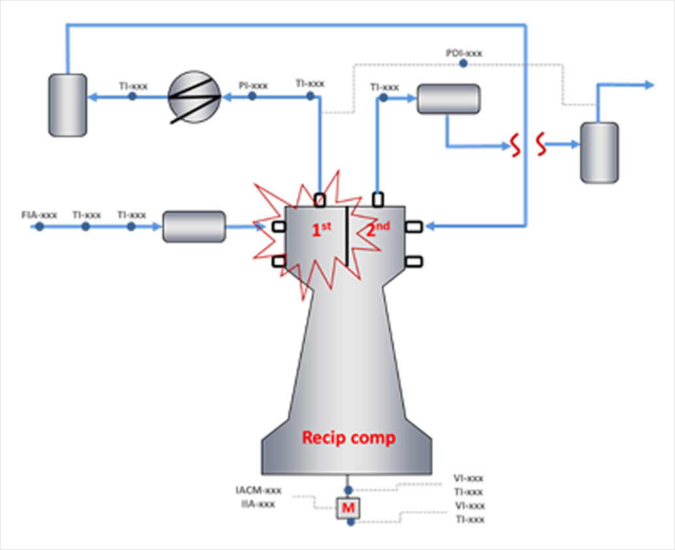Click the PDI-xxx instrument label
pos(464,53)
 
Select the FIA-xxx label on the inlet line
pos(39,214)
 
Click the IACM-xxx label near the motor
pos(259,490)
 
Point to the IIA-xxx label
pos(258,504)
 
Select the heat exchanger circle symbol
pos(195,97)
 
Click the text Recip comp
pos(348,438)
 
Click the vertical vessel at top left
pos(67,105)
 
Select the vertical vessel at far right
pos(599,152)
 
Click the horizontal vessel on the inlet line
pos(194,227)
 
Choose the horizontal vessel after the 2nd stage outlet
pos(448,99)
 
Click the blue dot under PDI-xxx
pos(463,63)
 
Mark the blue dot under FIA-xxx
pos(39,226)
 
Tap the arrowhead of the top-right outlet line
pos(649,85)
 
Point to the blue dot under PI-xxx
pos(253,96)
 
